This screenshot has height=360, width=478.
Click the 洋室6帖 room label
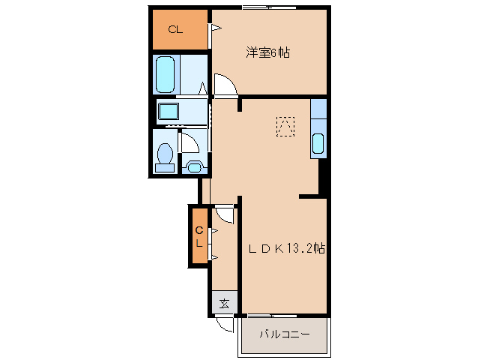pyautogui.click(x=268, y=52)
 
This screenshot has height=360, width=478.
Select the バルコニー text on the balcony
pyautogui.click(x=284, y=334)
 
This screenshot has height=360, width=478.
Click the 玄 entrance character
pyautogui.click(x=224, y=304)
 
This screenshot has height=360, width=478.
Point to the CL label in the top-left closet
pyautogui.click(x=175, y=30)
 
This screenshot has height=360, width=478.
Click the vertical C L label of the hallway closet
pyautogui.click(x=199, y=237)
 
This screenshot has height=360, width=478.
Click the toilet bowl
pyautogui.click(x=165, y=154)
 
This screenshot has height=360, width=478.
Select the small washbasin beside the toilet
pyautogui.click(x=194, y=167)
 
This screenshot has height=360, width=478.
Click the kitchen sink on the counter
pyautogui.click(x=318, y=142)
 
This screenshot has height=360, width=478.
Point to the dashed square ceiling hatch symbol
pyautogui.click(x=285, y=126)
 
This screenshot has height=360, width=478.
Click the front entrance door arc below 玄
pyautogui.click(x=225, y=325)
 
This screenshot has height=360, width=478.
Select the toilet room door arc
pyautogui.click(x=193, y=142)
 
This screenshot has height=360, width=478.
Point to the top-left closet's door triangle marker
pyautogui.click(x=215, y=29)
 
